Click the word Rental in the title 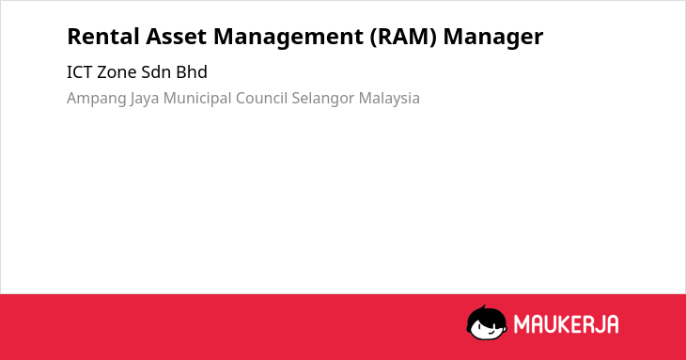[x=103, y=37]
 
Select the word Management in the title [x=288, y=38]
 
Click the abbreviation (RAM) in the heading [x=403, y=37]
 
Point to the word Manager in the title [x=493, y=38]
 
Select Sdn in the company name [x=156, y=72]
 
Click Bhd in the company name [x=192, y=72]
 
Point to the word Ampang [x=96, y=99]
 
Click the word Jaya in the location [x=145, y=99]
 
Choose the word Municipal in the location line [x=197, y=99]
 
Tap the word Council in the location [x=261, y=98]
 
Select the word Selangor [x=323, y=99]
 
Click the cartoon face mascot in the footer [x=487, y=323]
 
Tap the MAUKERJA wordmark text [x=566, y=324]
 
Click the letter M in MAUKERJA [x=522, y=324]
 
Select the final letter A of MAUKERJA [x=612, y=324]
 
